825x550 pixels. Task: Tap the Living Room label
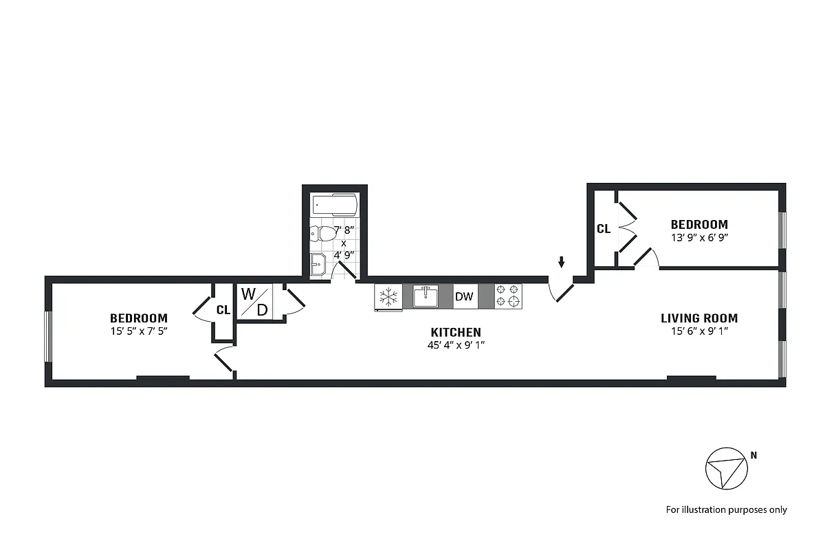tap(698, 318)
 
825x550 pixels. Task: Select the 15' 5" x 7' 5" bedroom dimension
tap(138, 331)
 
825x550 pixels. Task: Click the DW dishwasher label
tap(464, 297)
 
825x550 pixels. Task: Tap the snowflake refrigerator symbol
tap(389, 297)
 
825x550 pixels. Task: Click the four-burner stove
tap(509, 296)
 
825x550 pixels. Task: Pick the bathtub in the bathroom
tap(335, 204)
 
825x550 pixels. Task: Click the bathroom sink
tap(318, 264)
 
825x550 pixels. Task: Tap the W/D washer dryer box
tap(254, 301)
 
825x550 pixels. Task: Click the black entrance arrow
tap(562, 262)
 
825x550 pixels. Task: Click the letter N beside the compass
tap(753, 455)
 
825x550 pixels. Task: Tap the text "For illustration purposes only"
tap(726, 510)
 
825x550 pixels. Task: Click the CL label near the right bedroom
tap(603, 229)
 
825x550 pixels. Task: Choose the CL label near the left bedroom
tap(223, 310)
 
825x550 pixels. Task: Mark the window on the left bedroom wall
tap(48, 336)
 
